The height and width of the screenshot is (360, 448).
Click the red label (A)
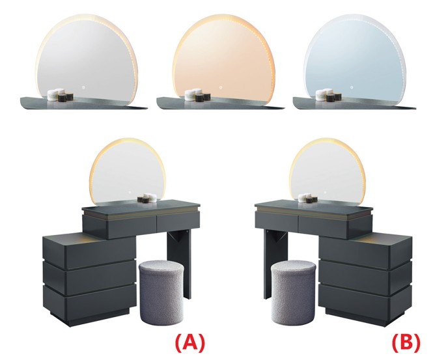(x=189, y=342)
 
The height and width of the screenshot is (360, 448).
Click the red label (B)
(x=406, y=342)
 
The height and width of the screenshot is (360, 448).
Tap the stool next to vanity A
(x=161, y=292)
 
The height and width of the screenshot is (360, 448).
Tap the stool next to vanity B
(x=293, y=292)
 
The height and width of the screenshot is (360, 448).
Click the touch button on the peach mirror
(x=220, y=87)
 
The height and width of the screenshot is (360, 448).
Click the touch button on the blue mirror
(x=351, y=87)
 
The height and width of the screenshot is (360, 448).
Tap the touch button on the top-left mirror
(x=83, y=87)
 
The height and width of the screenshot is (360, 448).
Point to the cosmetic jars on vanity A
(x=147, y=198)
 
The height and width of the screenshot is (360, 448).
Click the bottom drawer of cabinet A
(x=90, y=300)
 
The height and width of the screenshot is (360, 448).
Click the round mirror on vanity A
(x=128, y=173)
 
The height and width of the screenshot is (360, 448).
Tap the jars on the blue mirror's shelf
(x=328, y=96)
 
